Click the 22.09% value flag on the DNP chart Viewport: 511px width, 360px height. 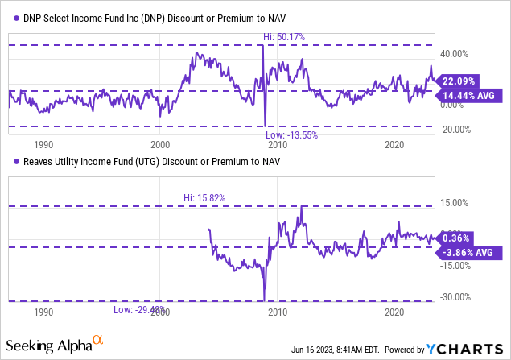coord(459,81)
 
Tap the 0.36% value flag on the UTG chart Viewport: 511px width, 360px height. coord(457,238)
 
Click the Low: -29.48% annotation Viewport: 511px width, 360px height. coord(141,309)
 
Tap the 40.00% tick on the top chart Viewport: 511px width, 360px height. coord(456,54)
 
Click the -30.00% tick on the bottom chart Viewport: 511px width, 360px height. coord(455,296)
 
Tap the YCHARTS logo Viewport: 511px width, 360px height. coord(467,350)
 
